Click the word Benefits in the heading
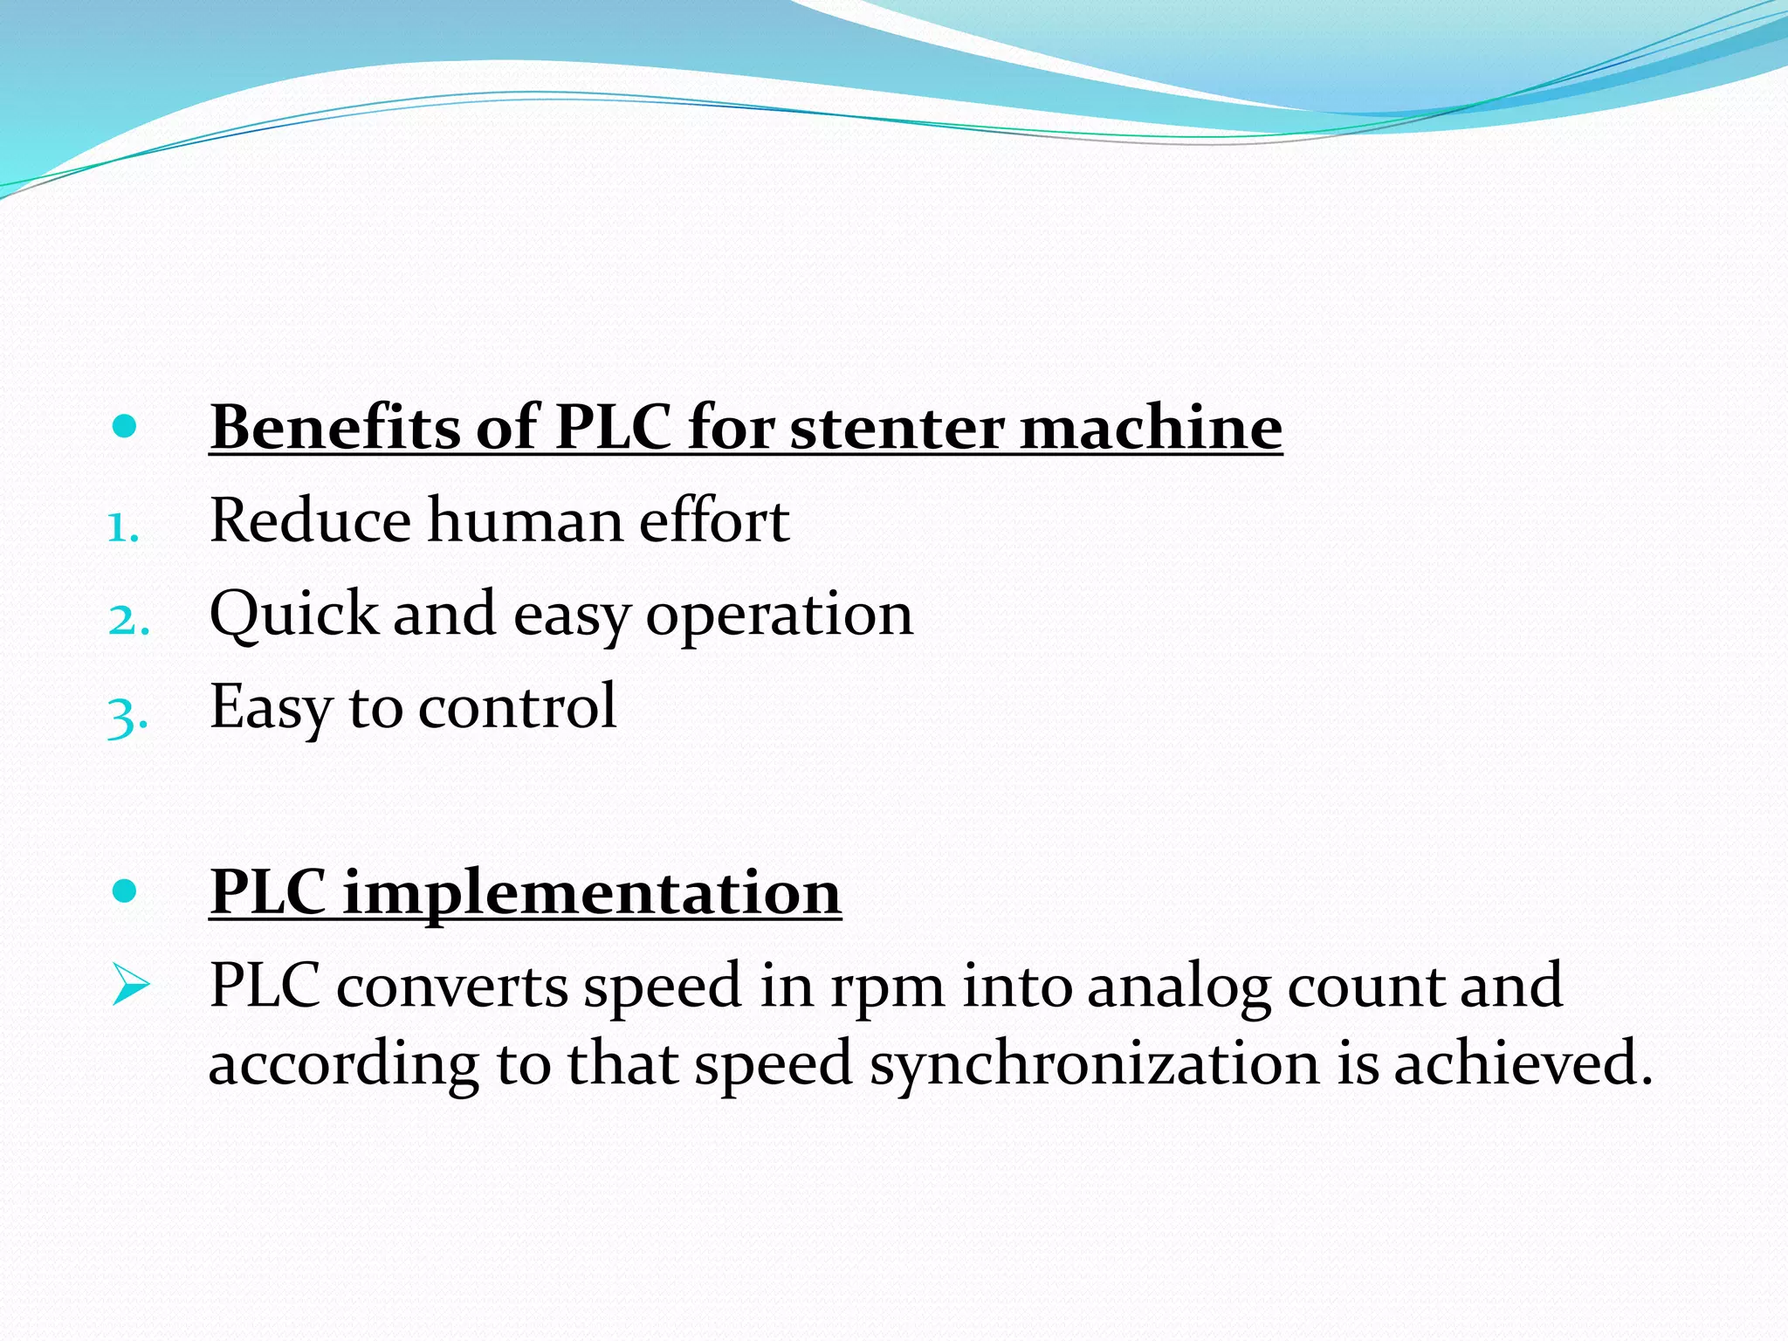(335, 427)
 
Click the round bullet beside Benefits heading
(125, 426)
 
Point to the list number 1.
(123, 527)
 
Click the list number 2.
(128, 620)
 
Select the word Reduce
(310, 520)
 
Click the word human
(524, 520)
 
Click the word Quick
(293, 614)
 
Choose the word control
(517, 706)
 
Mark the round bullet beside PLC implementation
(125, 891)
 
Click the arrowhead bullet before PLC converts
(131, 986)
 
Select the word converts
(451, 987)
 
